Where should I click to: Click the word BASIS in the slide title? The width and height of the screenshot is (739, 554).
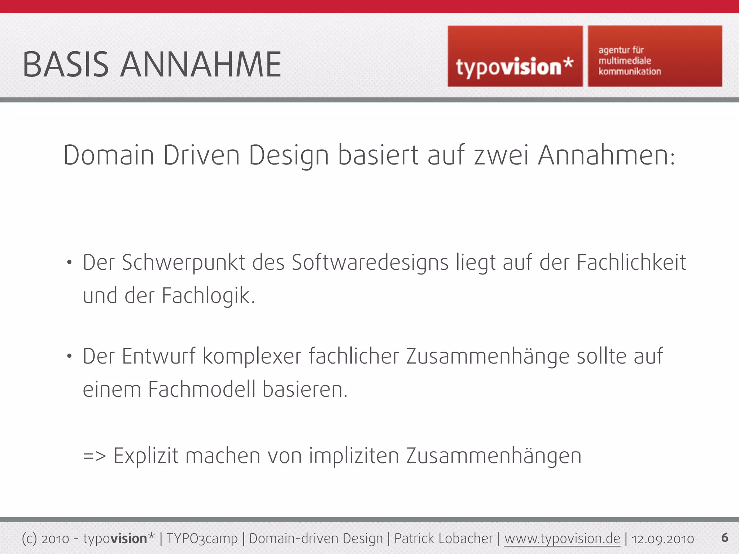click(66, 65)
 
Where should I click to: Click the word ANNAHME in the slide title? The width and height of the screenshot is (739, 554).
click(201, 65)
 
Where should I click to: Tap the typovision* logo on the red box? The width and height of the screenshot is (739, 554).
click(515, 67)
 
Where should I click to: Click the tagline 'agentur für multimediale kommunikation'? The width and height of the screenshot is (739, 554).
click(630, 61)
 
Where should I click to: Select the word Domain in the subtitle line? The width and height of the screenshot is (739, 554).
click(109, 155)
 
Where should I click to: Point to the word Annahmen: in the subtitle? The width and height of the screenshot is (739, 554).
click(606, 155)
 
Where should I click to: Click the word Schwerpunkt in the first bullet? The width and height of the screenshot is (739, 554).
click(184, 263)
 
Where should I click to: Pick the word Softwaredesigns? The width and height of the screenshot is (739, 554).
click(370, 263)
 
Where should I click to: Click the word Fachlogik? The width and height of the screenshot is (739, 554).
click(208, 296)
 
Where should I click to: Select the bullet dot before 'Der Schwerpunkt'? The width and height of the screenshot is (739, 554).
click(69, 263)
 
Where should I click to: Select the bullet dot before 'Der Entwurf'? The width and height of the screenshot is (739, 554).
click(69, 356)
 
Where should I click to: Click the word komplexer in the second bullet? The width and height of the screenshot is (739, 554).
click(252, 357)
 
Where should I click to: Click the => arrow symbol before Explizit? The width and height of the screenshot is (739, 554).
click(95, 456)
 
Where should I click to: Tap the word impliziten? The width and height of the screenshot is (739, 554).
click(354, 456)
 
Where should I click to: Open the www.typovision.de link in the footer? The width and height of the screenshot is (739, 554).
click(562, 539)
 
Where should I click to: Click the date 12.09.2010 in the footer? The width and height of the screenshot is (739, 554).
click(663, 539)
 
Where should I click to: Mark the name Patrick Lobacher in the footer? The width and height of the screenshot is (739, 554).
click(443, 539)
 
